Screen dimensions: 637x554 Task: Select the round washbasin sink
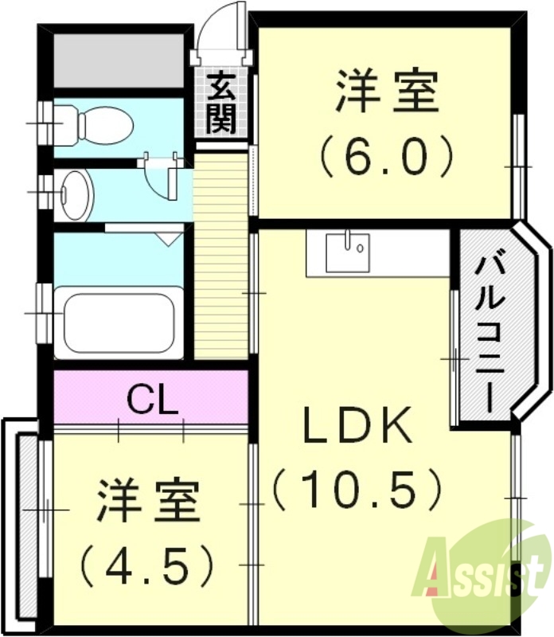coord(76,194)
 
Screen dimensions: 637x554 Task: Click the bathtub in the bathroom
coord(119,324)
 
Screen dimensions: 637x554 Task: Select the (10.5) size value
coord(356,487)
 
